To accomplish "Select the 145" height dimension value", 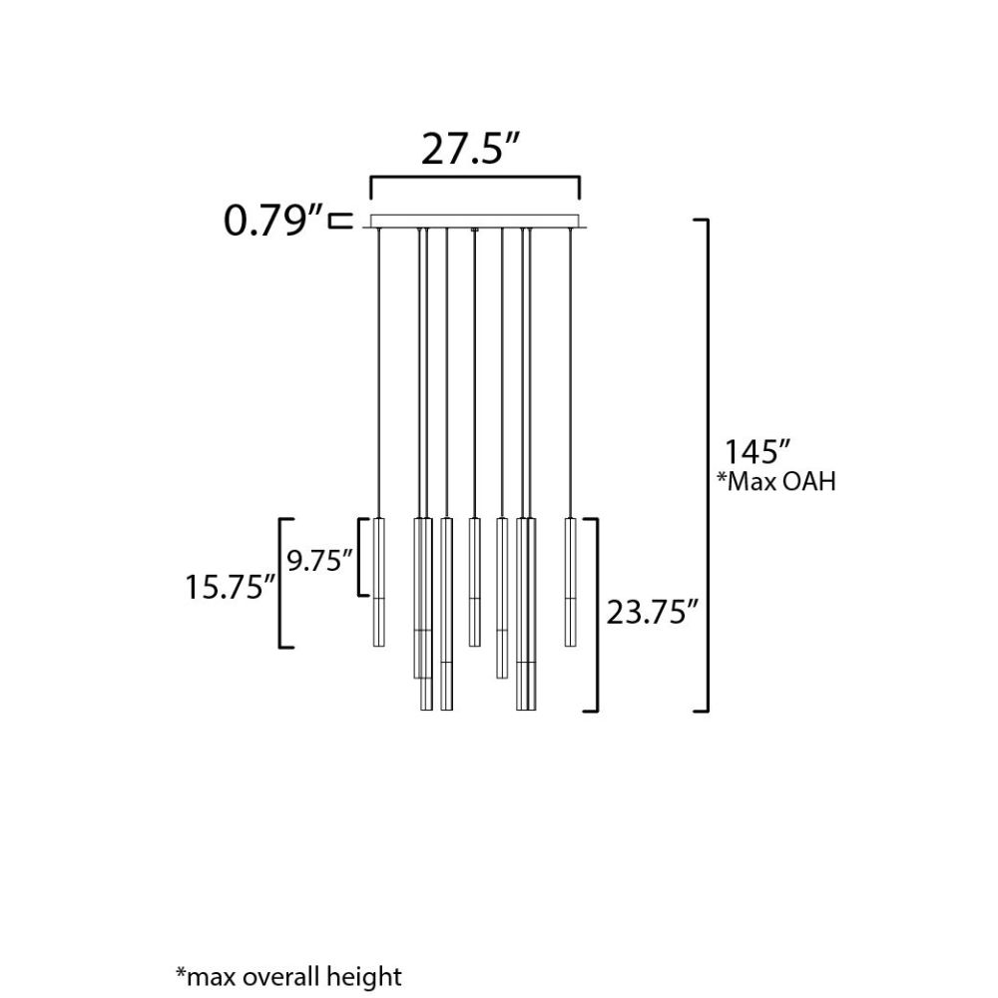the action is click(x=757, y=452).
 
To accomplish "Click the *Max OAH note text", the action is click(x=776, y=482).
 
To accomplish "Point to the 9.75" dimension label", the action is click(x=319, y=561).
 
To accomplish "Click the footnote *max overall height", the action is click(x=289, y=976).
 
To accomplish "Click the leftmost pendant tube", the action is click(x=378, y=583).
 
